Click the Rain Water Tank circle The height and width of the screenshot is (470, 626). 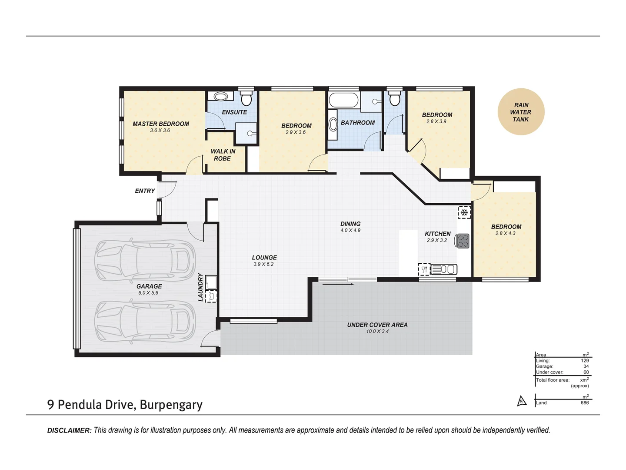click(521, 111)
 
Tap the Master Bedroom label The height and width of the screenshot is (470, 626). click(161, 124)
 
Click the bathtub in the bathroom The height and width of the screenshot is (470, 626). click(343, 100)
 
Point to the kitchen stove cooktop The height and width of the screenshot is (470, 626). click(463, 241)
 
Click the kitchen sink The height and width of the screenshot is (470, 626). click(444, 269)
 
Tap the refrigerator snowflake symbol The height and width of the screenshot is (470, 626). click(464, 212)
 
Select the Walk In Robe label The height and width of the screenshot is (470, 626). click(223, 155)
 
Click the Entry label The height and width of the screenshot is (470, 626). click(145, 191)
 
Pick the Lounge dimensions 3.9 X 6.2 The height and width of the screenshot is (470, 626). click(263, 264)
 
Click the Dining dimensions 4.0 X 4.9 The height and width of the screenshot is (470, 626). click(350, 230)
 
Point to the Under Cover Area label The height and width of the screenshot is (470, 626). click(377, 325)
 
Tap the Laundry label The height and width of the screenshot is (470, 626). click(200, 287)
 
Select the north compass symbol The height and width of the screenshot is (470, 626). click(522, 401)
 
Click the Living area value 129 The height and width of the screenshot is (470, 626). click(585, 361)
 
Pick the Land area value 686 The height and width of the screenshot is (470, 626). click(585, 403)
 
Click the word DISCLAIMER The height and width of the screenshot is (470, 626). click(69, 430)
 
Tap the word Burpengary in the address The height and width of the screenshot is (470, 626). click(171, 405)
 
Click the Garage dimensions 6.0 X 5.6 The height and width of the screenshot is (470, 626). click(148, 293)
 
